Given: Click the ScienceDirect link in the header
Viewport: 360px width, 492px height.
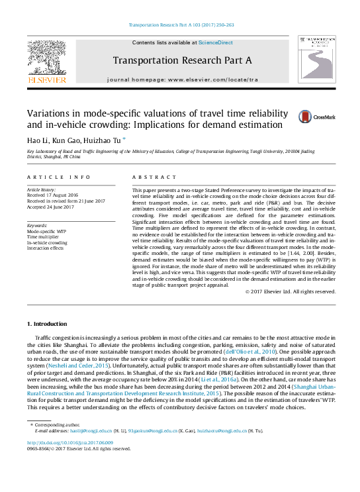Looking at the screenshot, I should coord(216,42).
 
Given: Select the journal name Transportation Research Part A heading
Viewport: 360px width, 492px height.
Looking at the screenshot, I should coord(183,60).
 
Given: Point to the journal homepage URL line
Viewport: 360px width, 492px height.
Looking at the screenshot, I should coord(183,79).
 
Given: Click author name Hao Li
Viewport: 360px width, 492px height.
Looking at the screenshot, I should coord(37,140).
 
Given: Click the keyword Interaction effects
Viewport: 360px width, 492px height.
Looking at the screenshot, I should coord(46,248).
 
